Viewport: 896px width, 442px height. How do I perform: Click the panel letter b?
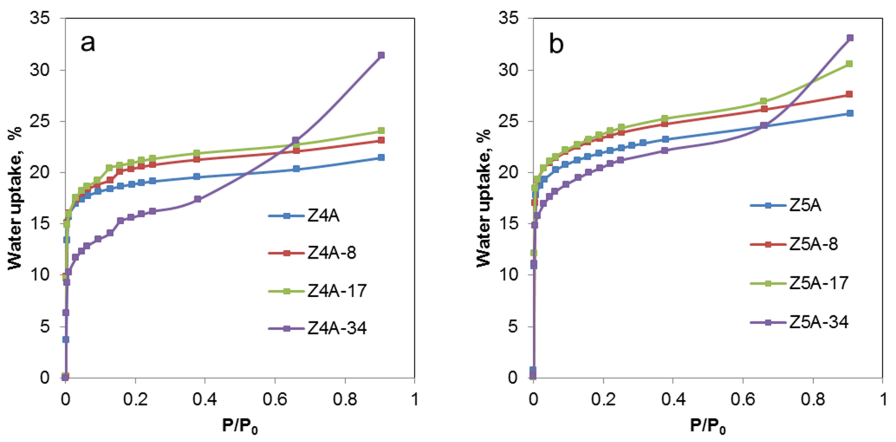click(x=556, y=45)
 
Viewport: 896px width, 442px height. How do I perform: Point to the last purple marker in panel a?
click(x=381, y=55)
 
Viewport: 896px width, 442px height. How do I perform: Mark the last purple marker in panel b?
click(x=850, y=38)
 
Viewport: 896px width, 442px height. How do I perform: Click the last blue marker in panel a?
click(x=381, y=158)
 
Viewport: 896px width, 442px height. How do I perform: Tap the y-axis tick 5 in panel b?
click(x=513, y=327)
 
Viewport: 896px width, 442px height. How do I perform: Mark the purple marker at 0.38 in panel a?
click(x=198, y=199)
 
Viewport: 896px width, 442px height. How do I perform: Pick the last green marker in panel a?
click(x=381, y=131)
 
